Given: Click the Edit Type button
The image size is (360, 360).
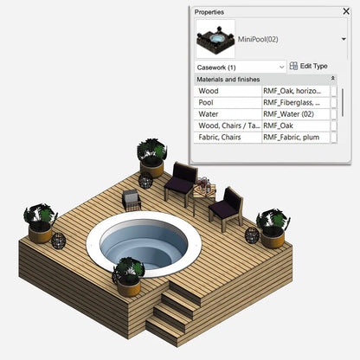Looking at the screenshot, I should click(x=308, y=66).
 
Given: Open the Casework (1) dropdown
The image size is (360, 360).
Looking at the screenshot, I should click(x=240, y=66).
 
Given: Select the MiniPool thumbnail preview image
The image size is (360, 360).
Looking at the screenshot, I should click(x=215, y=39).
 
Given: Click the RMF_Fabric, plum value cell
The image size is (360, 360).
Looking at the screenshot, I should click(x=295, y=138).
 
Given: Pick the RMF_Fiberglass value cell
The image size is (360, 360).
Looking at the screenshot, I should click(x=295, y=102).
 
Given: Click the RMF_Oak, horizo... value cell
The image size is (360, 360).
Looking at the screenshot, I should click(x=295, y=91).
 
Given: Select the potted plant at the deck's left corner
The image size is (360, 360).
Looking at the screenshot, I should click(x=40, y=222).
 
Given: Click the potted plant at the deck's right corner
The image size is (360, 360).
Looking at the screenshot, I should click(x=273, y=227).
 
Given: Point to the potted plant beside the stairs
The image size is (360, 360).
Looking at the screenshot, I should click(x=127, y=272).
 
